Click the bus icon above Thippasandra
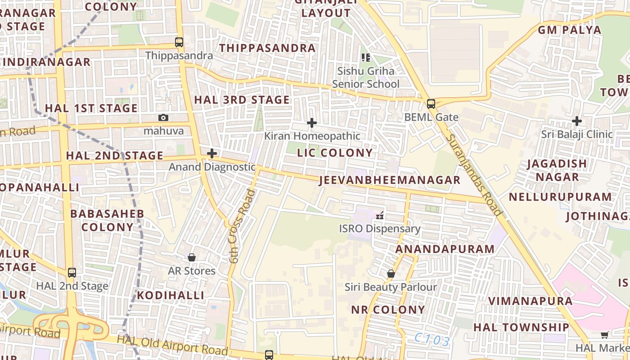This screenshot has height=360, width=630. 179,42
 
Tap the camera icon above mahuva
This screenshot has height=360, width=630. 163,117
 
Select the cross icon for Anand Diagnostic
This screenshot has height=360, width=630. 212,153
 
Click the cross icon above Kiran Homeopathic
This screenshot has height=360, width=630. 311,122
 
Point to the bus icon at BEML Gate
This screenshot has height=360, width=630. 431,104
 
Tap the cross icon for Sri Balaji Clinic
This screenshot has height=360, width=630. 577,121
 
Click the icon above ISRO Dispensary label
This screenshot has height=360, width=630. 380,216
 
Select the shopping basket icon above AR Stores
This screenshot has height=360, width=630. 192,257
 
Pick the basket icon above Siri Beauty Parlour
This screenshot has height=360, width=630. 391,274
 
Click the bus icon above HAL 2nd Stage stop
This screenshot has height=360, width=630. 72,272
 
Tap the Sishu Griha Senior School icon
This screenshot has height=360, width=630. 366,57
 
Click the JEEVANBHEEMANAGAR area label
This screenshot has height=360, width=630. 390,180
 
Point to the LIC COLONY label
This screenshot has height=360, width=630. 335,153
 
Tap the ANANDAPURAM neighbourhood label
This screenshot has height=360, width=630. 445,249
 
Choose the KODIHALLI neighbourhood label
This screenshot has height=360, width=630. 171,295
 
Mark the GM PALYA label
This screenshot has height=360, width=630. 570,30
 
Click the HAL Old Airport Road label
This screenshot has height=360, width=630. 172,345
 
